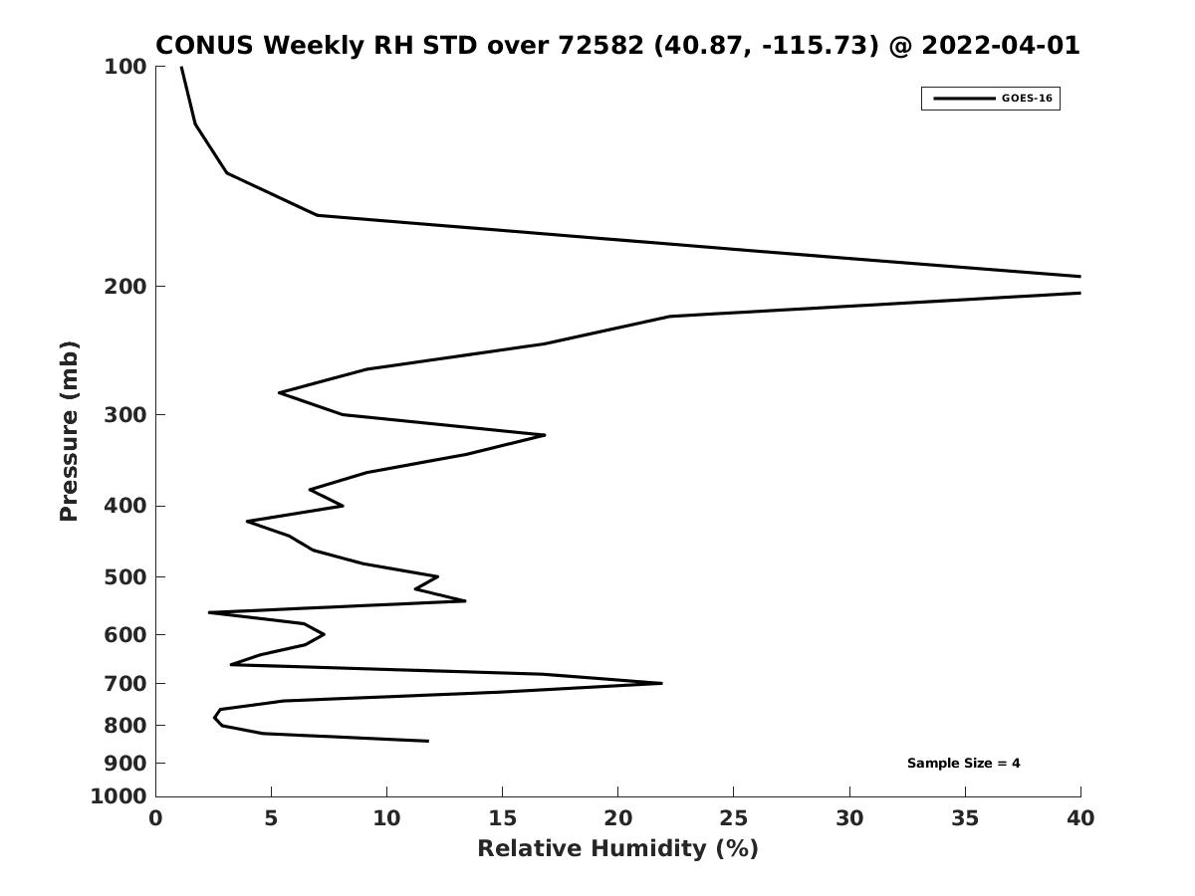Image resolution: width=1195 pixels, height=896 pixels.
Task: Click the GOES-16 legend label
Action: click(1027, 99)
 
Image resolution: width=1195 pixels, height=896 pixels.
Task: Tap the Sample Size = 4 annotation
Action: click(963, 763)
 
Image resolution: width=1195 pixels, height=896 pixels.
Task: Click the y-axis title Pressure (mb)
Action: click(69, 431)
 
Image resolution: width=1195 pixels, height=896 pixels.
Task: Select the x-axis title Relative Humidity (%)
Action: click(617, 848)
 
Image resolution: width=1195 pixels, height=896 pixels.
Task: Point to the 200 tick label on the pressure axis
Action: click(125, 286)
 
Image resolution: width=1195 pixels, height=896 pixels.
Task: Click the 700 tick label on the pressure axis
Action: click(125, 683)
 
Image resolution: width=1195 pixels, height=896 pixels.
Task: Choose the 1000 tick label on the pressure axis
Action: click(119, 796)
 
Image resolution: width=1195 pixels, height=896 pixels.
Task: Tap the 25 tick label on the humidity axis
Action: click(733, 818)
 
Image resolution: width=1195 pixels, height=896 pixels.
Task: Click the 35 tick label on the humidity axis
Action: click(965, 818)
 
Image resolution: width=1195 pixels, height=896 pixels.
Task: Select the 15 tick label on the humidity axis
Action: click(502, 818)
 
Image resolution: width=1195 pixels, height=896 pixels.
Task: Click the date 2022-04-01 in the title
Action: click(1001, 45)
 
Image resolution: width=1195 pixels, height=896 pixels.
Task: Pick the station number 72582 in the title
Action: click(601, 45)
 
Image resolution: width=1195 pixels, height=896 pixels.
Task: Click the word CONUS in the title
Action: click(205, 45)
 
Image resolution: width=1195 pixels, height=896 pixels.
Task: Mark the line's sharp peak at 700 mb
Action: click(661, 683)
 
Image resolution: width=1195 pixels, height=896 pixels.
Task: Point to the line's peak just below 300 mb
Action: click(545, 435)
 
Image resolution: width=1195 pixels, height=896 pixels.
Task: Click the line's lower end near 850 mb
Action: click(428, 741)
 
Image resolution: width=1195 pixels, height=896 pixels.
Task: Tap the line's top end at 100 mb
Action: click(181, 67)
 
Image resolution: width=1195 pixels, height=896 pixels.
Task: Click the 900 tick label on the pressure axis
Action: click(125, 764)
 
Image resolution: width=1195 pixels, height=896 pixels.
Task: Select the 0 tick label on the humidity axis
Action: click(155, 818)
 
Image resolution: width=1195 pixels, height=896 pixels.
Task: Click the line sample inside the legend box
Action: click(964, 99)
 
